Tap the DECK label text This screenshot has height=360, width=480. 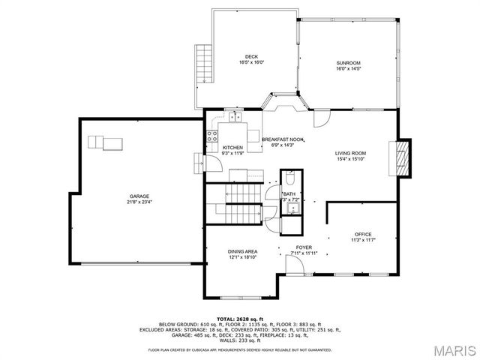coord(251,57)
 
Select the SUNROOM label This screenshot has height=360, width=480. coord(348,62)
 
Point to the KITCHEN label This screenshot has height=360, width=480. coord(232,148)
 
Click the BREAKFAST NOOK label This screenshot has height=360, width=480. coord(282,139)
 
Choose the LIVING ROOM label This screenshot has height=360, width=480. coord(350,153)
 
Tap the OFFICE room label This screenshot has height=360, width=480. coord(363,234)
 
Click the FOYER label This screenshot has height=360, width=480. coord(304,247)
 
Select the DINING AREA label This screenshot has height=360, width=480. coord(243,251)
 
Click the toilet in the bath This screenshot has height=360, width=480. coord(289,179)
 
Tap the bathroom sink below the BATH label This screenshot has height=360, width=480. coord(289,208)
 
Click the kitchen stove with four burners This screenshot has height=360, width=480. coord(212,136)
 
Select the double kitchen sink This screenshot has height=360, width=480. coord(235,116)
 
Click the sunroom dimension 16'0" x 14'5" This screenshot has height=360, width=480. coord(348,68)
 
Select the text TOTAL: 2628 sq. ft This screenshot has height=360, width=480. coord(240,319)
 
